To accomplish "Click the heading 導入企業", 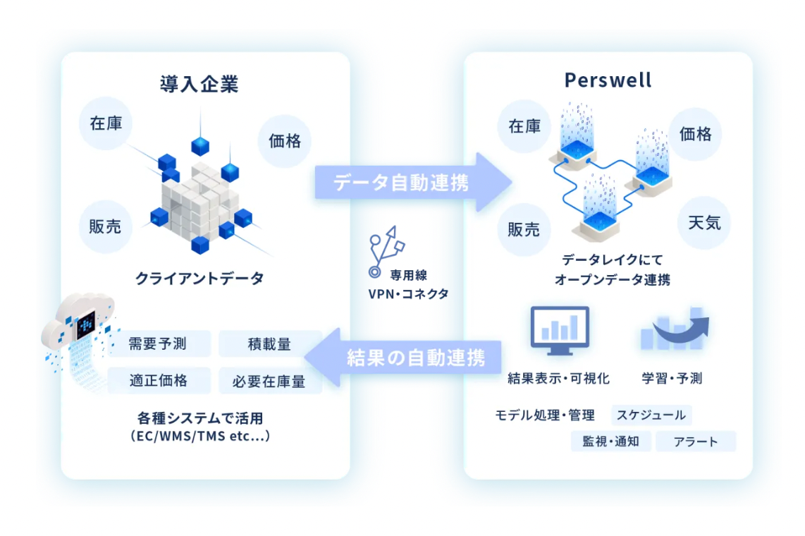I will click(199, 85).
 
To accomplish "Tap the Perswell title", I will click(608, 80).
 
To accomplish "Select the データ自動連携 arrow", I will click(413, 182).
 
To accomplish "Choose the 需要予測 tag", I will click(158, 344).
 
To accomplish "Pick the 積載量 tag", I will click(269, 344).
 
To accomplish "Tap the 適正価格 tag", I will click(158, 381).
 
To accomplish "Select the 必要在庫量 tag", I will click(269, 382).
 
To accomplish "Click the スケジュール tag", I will click(651, 415).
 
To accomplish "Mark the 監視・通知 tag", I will click(610, 441).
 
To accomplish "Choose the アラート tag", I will click(695, 442).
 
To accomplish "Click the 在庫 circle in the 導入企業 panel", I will click(106, 123).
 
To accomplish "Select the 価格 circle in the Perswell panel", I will click(695, 134).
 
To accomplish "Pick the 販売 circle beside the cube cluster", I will click(105, 226).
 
